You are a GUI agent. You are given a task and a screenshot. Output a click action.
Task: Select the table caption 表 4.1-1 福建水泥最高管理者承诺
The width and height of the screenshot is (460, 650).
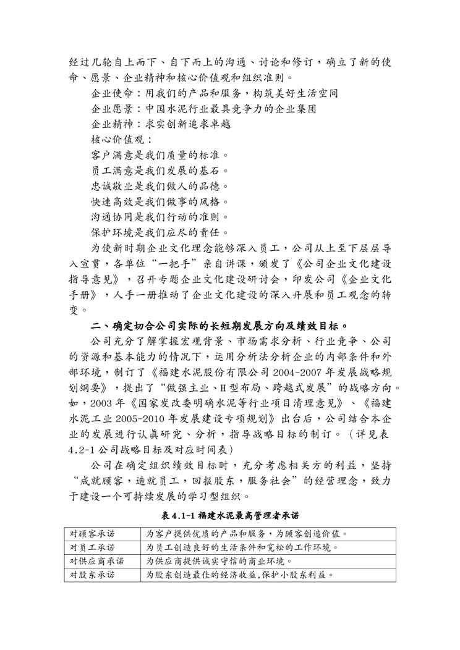point(230,515)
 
